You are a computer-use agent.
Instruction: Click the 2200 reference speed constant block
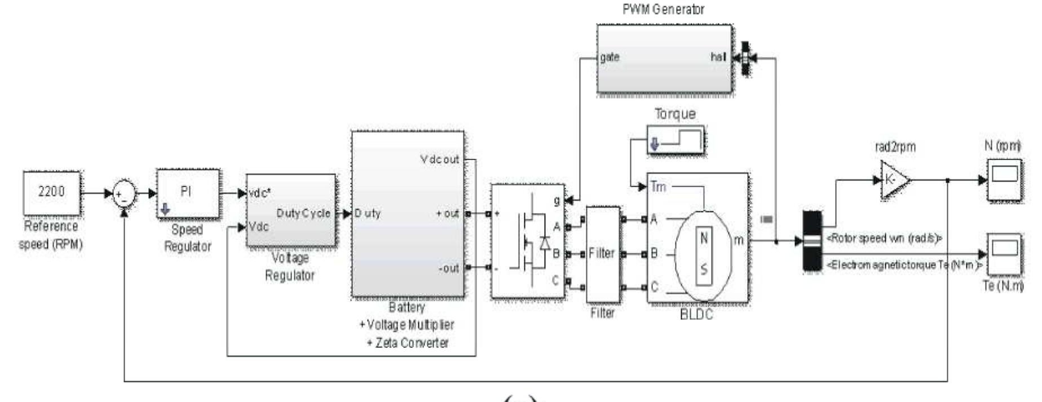(51, 193)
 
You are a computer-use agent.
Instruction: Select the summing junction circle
(124, 195)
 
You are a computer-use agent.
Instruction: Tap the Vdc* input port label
(259, 193)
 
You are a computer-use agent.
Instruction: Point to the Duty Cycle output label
(303, 214)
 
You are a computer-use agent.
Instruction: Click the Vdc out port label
(440, 160)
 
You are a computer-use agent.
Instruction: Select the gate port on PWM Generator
(610, 57)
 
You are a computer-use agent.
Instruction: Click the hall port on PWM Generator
(718, 57)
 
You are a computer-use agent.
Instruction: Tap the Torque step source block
(675, 141)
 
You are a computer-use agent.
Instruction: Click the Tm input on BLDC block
(658, 187)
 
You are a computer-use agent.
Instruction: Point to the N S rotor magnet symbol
(704, 255)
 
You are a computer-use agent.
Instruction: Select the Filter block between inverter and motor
(603, 254)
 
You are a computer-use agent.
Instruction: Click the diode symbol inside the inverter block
(544, 242)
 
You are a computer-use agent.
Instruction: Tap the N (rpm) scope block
(1004, 179)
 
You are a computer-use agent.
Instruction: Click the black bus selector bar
(812, 241)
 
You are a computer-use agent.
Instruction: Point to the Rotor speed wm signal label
(884, 238)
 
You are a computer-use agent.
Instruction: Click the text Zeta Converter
(412, 343)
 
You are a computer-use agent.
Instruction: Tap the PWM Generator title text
(663, 9)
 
